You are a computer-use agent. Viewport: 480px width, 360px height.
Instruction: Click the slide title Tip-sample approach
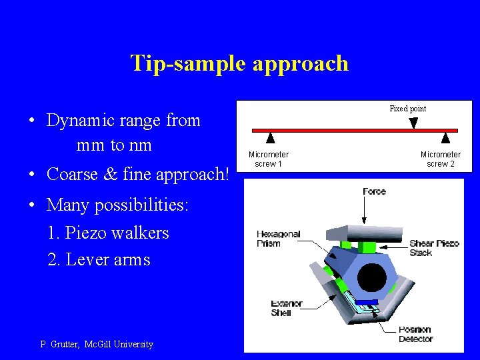click(239, 63)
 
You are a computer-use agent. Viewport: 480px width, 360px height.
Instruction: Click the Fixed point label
click(407, 109)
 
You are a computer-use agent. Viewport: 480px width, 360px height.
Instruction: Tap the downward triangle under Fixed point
click(413, 123)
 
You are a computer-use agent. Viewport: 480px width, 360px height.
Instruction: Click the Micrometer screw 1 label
click(269, 159)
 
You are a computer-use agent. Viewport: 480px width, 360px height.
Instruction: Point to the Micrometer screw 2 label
click(440, 159)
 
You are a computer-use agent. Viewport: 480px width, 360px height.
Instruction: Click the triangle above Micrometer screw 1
click(270, 139)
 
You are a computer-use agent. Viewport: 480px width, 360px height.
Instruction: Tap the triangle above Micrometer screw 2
click(445, 139)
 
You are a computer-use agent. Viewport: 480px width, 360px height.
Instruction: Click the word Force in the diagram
click(374, 192)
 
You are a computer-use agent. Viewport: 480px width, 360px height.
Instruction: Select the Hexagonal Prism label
click(278, 239)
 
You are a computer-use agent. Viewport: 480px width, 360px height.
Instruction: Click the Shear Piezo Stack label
click(434, 248)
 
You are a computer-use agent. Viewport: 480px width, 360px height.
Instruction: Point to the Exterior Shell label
click(286, 308)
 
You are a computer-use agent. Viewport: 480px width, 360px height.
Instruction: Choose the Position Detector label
click(415, 334)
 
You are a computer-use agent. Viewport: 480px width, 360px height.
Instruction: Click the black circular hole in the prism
click(372, 277)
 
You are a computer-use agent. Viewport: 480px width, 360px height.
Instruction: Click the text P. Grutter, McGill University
click(97, 345)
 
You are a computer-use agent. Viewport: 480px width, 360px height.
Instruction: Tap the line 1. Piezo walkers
click(108, 233)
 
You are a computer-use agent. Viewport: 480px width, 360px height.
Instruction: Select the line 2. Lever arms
click(99, 259)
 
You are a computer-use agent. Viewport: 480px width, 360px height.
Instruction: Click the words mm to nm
click(114, 145)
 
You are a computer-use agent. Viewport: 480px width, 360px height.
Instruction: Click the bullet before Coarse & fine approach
click(32, 175)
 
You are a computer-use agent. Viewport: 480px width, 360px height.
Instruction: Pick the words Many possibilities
click(117, 205)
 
